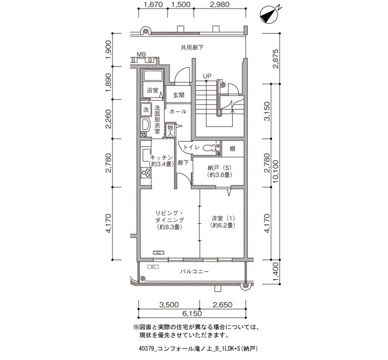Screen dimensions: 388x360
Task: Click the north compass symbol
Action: point(270,15)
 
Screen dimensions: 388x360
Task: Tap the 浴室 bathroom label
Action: point(152,90)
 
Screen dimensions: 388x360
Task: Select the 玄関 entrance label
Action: point(178,95)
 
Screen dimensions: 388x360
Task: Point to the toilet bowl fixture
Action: point(210,148)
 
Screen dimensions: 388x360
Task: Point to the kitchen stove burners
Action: point(146,172)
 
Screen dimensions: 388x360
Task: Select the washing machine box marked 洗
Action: point(146,109)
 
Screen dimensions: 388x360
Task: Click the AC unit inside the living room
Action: point(159,253)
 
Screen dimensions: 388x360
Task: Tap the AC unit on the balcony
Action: point(152,267)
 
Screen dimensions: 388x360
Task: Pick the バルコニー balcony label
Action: point(194,271)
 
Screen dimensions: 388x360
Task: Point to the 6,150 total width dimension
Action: point(192,314)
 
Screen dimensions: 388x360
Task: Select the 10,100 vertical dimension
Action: point(275,172)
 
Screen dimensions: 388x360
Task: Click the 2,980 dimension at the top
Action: point(219,4)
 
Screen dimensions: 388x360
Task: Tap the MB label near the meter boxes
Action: point(141,54)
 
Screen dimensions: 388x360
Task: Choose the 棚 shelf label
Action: point(232,148)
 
